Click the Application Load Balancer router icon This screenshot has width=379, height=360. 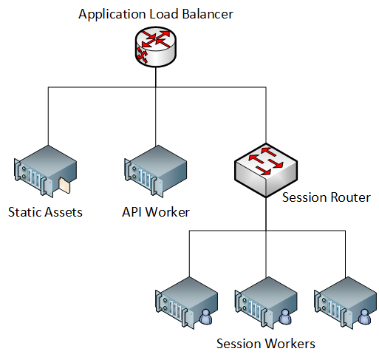[x=156, y=47]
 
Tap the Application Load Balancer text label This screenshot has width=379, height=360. [x=156, y=14]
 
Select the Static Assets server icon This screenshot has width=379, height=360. [x=46, y=171]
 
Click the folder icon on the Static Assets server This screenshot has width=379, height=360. [x=64, y=186]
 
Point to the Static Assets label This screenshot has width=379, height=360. [x=45, y=212]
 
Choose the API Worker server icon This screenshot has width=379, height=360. [x=156, y=171]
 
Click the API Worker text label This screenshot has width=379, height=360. [x=156, y=212]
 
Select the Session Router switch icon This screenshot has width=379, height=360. [x=266, y=170]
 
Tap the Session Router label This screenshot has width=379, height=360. [x=327, y=197]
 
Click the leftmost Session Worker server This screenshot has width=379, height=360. [x=187, y=303]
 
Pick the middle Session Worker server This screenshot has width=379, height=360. [x=266, y=303]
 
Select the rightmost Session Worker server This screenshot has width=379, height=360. [x=346, y=303]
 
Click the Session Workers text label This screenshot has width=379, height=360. [x=266, y=344]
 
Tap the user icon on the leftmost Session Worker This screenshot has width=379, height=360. [x=205, y=316]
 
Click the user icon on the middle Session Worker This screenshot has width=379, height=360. [x=285, y=316]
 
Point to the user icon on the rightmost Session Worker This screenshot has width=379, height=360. [x=365, y=316]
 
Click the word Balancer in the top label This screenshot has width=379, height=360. [x=208, y=14]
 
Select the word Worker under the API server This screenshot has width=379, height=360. [x=168, y=212]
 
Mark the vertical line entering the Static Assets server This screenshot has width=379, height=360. [x=48, y=116]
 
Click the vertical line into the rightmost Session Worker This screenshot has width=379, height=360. [x=346, y=254]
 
